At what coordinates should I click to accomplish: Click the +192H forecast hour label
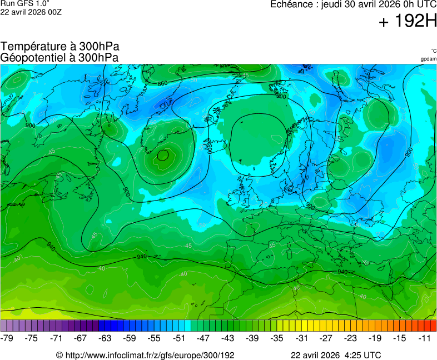click(x=408, y=22)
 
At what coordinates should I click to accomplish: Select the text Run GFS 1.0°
click(x=25, y=4)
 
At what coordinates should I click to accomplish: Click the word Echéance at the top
click(x=291, y=5)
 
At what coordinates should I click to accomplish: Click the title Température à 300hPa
click(x=60, y=47)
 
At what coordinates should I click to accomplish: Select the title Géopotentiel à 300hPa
click(x=59, y=57)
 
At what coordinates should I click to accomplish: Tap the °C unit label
click(x=433, y=51)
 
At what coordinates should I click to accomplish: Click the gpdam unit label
click(x=428, y=59)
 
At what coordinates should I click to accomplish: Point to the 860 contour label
click(x=162, y=83)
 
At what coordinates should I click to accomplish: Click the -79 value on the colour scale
click(x=7, y=338)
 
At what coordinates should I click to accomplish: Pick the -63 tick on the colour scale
click(x=105, y=338)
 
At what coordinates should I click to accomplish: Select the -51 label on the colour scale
click(x=179, y=338)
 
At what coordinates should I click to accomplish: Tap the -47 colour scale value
click(x=203, y=338)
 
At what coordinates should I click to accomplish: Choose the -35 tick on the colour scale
click(x=277, y=338)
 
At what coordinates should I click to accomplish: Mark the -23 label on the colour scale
click(x=350, y=338)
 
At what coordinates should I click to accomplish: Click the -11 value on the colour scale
click(x=424, y=338)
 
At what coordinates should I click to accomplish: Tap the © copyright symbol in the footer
click(x=59, y=354)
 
